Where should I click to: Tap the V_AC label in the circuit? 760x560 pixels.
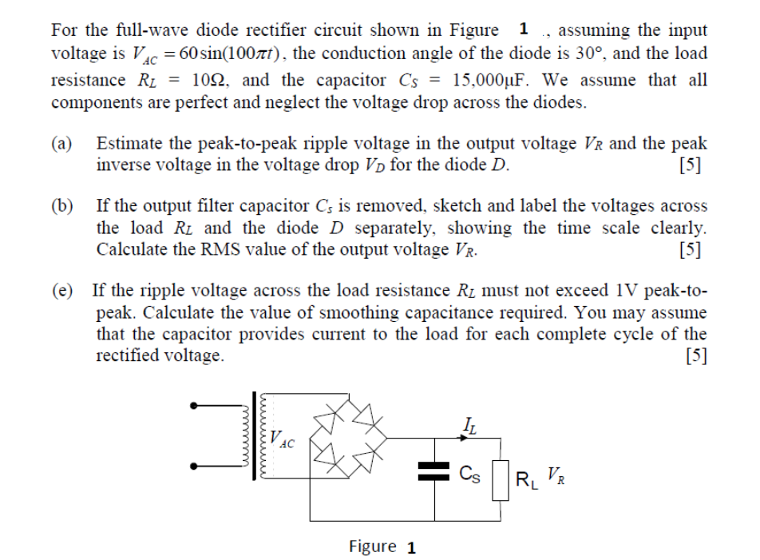281,439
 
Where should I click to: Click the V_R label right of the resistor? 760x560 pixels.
555,479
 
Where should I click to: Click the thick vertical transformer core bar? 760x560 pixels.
255,435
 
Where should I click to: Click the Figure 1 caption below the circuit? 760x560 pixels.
382,547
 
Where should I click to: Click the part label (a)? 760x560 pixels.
62,144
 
